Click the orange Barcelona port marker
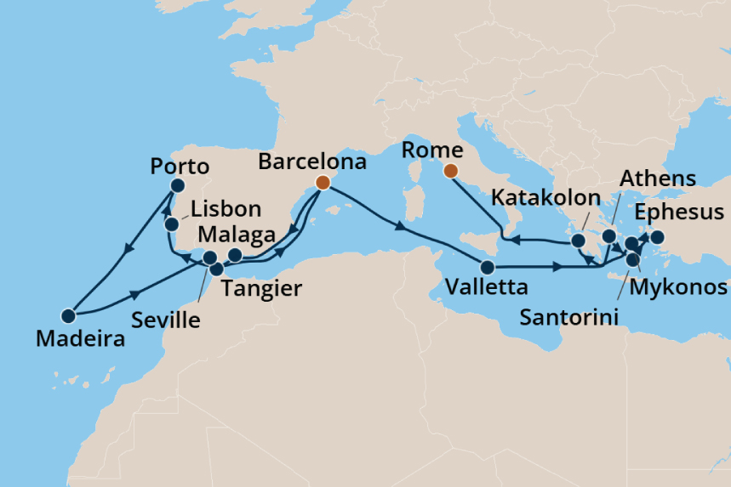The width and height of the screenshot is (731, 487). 323,183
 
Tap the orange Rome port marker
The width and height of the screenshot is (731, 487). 451,172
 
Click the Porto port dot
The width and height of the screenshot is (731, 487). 178,186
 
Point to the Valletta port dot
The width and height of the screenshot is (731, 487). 487,266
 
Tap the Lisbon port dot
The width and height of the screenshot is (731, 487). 171,224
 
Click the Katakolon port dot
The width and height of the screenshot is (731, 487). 579,240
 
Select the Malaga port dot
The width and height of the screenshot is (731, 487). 236,255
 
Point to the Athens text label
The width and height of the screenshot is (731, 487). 658,178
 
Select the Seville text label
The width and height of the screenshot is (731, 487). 167,320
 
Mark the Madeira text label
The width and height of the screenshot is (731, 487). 80,339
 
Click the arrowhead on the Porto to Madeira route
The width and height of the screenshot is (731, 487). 128,250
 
